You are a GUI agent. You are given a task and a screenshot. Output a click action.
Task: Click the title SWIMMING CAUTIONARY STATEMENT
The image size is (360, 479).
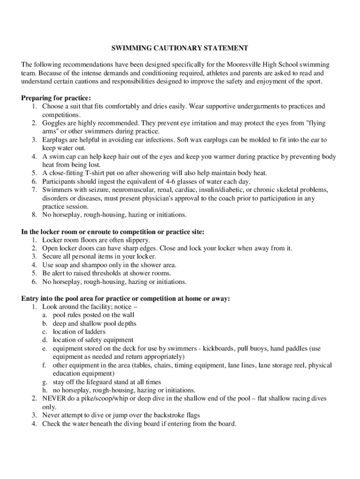tap(179, 48)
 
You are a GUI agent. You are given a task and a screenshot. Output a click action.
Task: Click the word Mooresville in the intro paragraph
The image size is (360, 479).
tap(244, 64)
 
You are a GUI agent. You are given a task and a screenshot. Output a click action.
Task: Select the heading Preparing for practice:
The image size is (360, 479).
tap(56, 98)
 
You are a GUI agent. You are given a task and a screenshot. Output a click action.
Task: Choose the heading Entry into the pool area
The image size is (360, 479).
tap(126, 298)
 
